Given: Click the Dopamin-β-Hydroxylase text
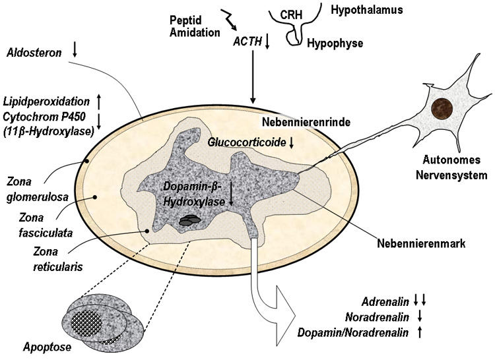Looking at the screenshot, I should tap(195, 194).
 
